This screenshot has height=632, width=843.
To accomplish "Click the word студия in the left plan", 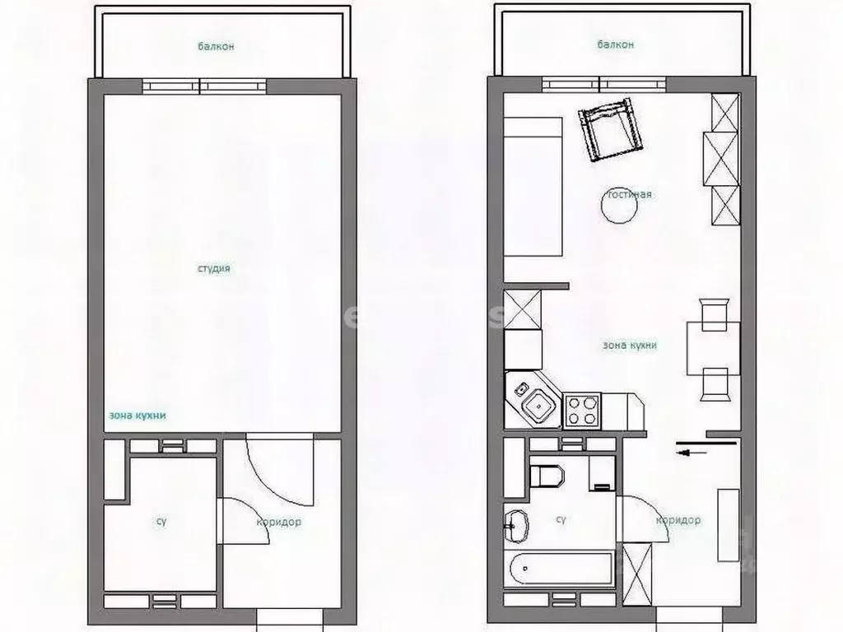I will tap(213, 269).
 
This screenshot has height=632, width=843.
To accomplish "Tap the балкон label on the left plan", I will tap(216, 47).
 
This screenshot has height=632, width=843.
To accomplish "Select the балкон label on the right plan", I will tap(616, 45).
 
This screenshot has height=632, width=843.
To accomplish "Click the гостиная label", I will tap(630, 195).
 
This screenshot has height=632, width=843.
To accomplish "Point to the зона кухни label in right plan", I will tap(630, 346).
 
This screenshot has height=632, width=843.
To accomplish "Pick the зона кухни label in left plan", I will tap(137, 416).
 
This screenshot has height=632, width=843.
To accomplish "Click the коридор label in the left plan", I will tap(278, 522).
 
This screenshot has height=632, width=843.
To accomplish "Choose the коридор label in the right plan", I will tap(678, 521).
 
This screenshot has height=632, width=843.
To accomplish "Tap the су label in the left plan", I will tap(161, 522).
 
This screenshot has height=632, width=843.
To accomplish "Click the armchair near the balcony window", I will tap(610, 130).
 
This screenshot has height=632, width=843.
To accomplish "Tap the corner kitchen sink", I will tap(534, 402).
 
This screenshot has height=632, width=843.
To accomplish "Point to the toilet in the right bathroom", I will tap(547, 476).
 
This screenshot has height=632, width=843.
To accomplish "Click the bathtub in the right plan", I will tap(561, 569).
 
